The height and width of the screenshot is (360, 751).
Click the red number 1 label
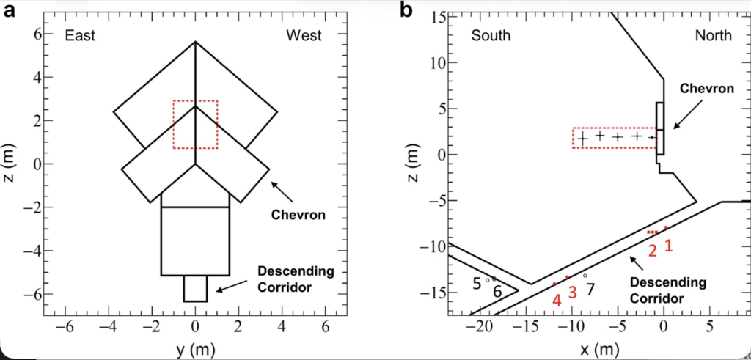pyautogui.click(x=668, y=246)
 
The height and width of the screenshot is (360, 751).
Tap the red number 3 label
pyautogui.click(x=573, y=291)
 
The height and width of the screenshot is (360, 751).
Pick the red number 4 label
pyautogui.click(x=557, y=300)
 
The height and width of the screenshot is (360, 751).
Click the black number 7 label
pyautogui.click(x=590, y=289)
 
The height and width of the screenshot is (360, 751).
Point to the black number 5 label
pyautogui.click(x=477, y=282)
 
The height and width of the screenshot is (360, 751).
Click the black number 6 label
pyautogui.click(x=497, y=292)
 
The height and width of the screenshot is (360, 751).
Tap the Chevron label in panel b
pyautogui.click(x=707, y=89)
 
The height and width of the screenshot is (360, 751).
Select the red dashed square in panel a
pyautogui.click(x=195, y=125)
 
